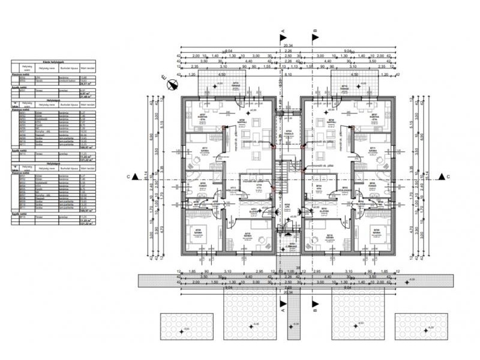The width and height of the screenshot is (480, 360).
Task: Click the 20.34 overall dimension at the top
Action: [287, 45]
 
